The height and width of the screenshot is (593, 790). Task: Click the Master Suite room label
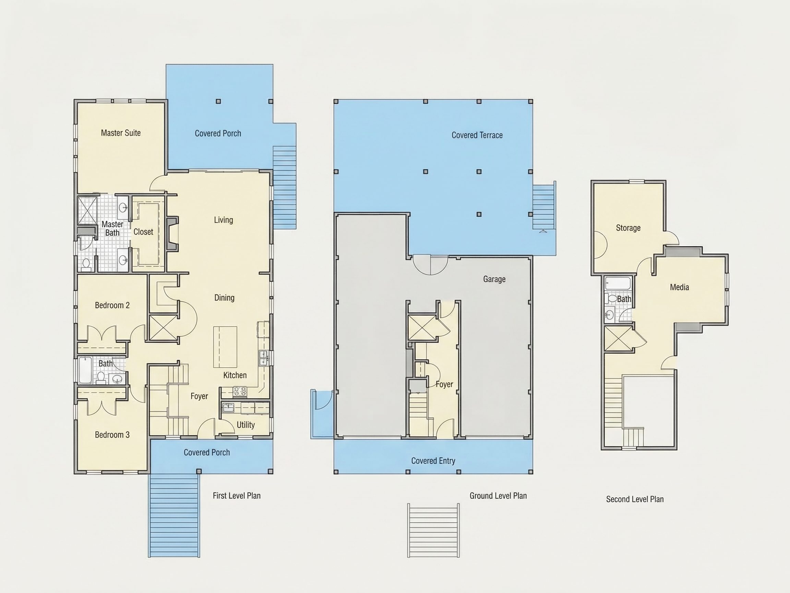(121, 133)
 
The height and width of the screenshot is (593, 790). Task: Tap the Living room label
(224, 220)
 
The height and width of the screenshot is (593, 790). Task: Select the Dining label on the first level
(224, 298)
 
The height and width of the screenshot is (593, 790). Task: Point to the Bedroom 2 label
(112, 305)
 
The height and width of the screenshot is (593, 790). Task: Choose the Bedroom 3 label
(112, 435)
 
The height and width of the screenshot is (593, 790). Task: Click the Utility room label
(246, 425)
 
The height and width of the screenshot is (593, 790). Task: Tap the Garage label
(494, 279)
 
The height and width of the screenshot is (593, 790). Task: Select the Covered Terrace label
(477, 135)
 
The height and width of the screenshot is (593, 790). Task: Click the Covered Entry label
(433, 461)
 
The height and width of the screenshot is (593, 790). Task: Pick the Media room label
(679, 287)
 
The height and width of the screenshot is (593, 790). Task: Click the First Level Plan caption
(237, 496)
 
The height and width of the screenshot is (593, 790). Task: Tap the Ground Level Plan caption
(498, 496)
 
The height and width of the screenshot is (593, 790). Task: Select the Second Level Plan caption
(635, 499)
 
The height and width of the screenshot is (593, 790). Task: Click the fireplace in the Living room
(172, 234)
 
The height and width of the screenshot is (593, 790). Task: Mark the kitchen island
(225, 347)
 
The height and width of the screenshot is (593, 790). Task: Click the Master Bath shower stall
(87, 210)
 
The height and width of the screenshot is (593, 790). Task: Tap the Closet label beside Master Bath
(143, 232)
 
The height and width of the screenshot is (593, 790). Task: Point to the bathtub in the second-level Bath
(618, 284)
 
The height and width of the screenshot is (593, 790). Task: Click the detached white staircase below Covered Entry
(433, 531)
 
